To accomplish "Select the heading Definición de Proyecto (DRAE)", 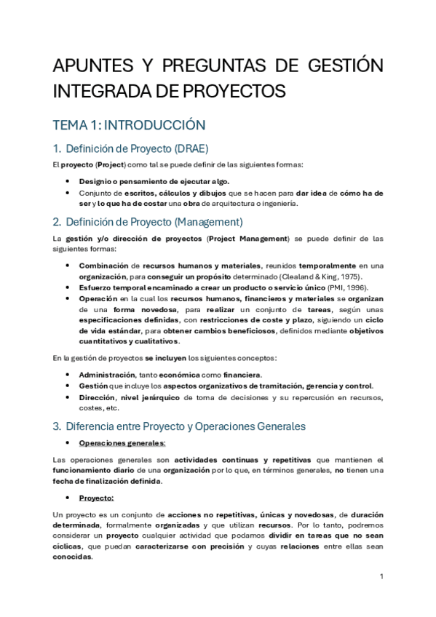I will [137, 148].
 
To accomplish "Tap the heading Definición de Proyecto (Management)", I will [154, 221].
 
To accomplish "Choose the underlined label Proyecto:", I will [96, 498].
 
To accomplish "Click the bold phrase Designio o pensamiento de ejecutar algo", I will [154, 181].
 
